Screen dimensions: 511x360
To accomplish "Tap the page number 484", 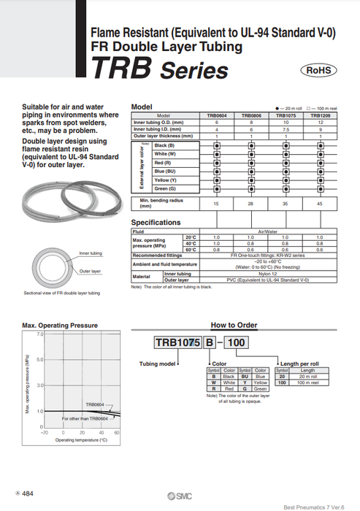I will [x=27, y=493].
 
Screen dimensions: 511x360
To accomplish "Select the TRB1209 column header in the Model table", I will [x=319, y=115].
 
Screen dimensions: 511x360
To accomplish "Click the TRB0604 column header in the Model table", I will [x=216, y=115].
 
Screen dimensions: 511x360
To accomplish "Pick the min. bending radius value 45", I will [x=319, y=204].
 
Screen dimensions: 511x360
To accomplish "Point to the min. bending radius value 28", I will [x=250, y=204].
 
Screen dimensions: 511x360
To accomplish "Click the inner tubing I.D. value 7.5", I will [x=285, y=129].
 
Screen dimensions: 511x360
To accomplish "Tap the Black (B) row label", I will [x=164, y=145].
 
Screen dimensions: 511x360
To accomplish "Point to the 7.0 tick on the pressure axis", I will [x=39, y=334].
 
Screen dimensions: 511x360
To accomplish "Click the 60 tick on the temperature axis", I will [x=118, y=432].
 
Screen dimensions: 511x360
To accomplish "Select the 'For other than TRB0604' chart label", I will [x=85, y=418].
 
